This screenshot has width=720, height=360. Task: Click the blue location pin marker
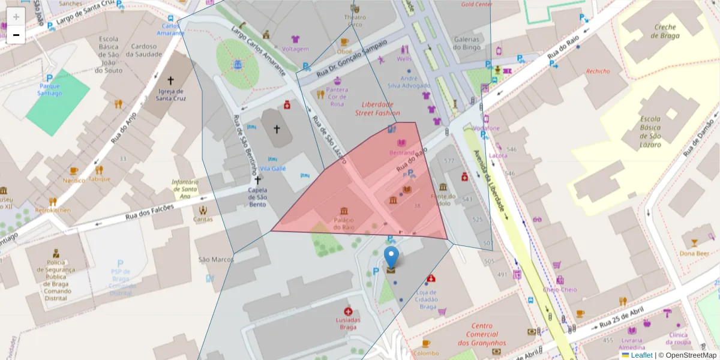(391, 258)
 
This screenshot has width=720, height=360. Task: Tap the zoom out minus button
(16, 35)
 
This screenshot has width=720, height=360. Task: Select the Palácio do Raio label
(344, 223)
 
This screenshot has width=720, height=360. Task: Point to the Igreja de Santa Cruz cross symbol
(170, 80)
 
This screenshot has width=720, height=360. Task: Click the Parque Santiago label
(50, 89)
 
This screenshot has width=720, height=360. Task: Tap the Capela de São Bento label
(257, 197)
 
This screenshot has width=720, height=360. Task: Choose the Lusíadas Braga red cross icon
(348, 311)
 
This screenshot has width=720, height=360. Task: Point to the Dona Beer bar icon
(694, 243)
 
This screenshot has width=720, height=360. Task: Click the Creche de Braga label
(665, 31)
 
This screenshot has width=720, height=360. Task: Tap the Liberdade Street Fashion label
(377, 108)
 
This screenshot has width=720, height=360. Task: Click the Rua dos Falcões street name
(149, 212)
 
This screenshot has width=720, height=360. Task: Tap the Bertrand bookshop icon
(401, 143)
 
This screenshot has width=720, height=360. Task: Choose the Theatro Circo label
(354, 20)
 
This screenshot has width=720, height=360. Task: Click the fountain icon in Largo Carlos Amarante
(238, 64)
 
